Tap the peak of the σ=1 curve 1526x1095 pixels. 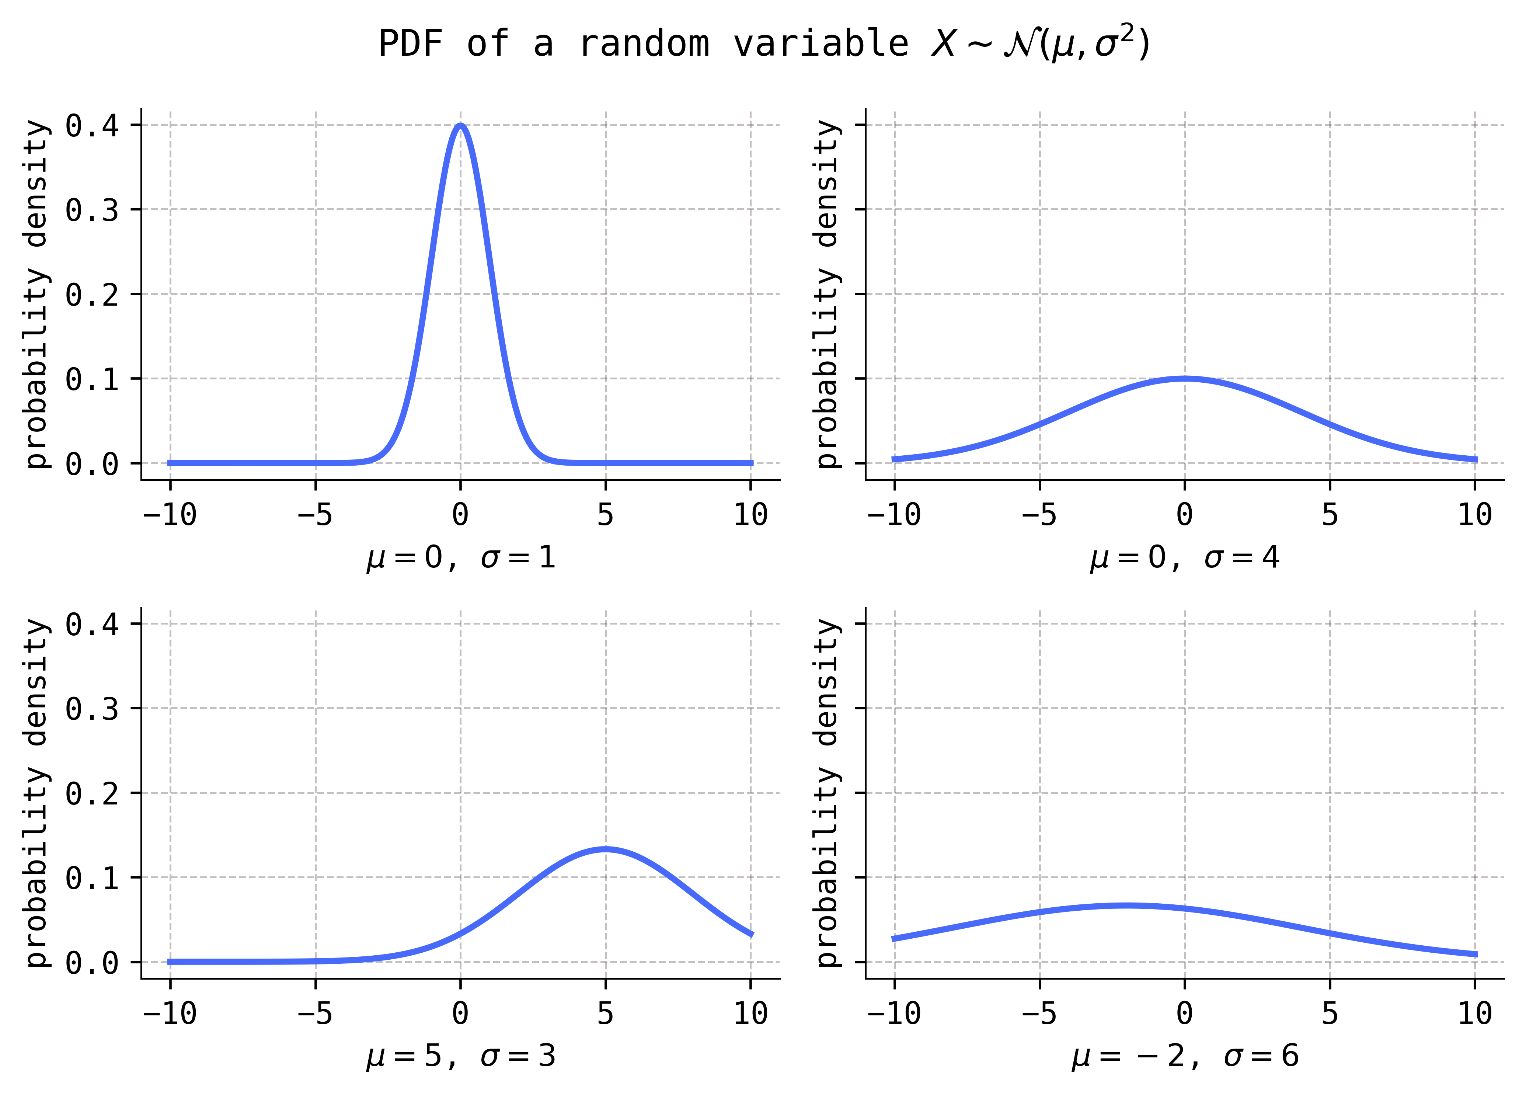460,125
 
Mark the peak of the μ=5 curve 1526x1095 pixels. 606,849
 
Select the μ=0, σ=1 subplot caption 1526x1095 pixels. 461,557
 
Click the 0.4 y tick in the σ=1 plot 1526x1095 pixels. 92,125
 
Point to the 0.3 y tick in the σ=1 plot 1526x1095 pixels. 92,210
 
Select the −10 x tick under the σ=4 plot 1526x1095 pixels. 893,515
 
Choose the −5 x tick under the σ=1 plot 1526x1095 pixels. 315,515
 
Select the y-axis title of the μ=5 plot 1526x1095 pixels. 37,793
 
